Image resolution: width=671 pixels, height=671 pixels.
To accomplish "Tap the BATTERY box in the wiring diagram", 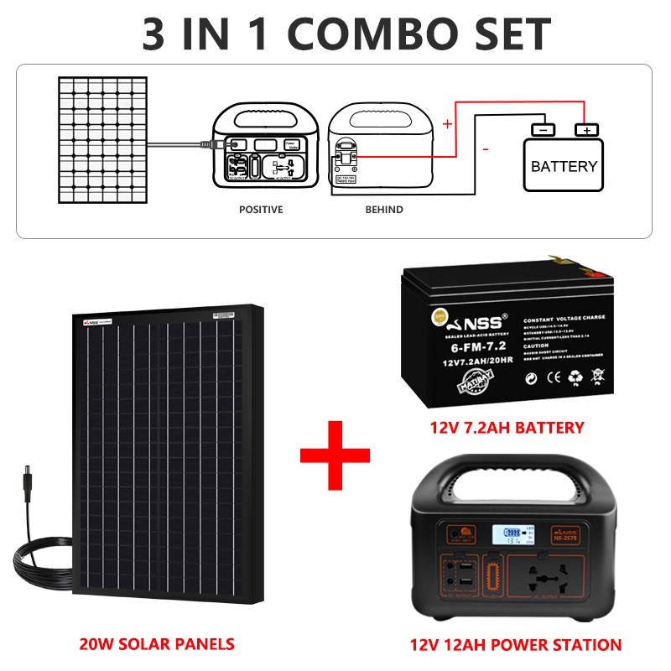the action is pos(564,165).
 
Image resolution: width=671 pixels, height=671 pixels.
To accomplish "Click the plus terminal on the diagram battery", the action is pos(586,129).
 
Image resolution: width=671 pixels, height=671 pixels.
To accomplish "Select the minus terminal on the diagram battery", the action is pos(543,129).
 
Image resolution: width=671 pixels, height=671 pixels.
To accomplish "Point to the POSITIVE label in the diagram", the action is pos(261,209).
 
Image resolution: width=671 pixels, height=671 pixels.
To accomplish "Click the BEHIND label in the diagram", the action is pos(383,209).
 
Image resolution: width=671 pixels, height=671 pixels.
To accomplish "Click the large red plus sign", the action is pos(335,457).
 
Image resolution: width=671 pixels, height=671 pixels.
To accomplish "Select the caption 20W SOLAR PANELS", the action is pos(157,644).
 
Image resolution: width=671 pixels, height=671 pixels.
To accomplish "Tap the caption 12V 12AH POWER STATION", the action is pos(515,644).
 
